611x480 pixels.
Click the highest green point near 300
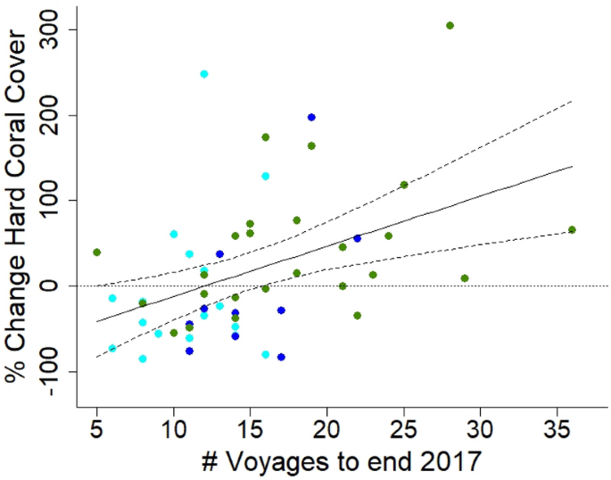450,25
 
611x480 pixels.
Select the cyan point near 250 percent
204,74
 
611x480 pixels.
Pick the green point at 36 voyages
572,229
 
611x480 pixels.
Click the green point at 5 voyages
96,252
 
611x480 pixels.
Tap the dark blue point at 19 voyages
311,117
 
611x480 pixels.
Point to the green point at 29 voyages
465,278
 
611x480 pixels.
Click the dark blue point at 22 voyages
357,238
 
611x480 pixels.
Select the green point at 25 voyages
404,185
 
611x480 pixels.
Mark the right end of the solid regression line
572,167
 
